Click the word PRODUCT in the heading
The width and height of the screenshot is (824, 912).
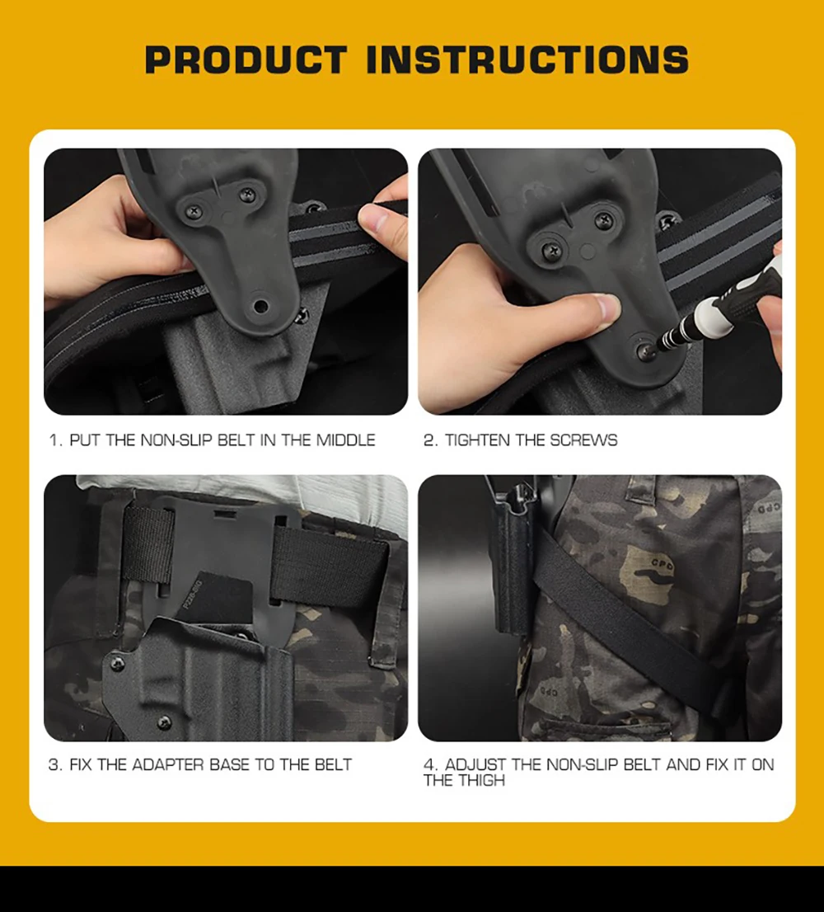click(246, 60)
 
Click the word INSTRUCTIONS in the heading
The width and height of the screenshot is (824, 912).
click(527, 60)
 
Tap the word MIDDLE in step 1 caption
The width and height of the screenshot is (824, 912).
click(346, 440)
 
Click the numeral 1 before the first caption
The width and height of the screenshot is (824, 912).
click(54, 440)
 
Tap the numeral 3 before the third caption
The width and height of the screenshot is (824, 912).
click(54, 764)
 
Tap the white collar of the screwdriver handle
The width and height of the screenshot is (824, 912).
click(714, 317)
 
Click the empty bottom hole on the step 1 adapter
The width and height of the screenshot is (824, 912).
click(261, 306)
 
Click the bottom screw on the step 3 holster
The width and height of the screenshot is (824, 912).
click(165, 722)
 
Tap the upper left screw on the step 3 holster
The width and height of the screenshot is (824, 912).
click(117, 664)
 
